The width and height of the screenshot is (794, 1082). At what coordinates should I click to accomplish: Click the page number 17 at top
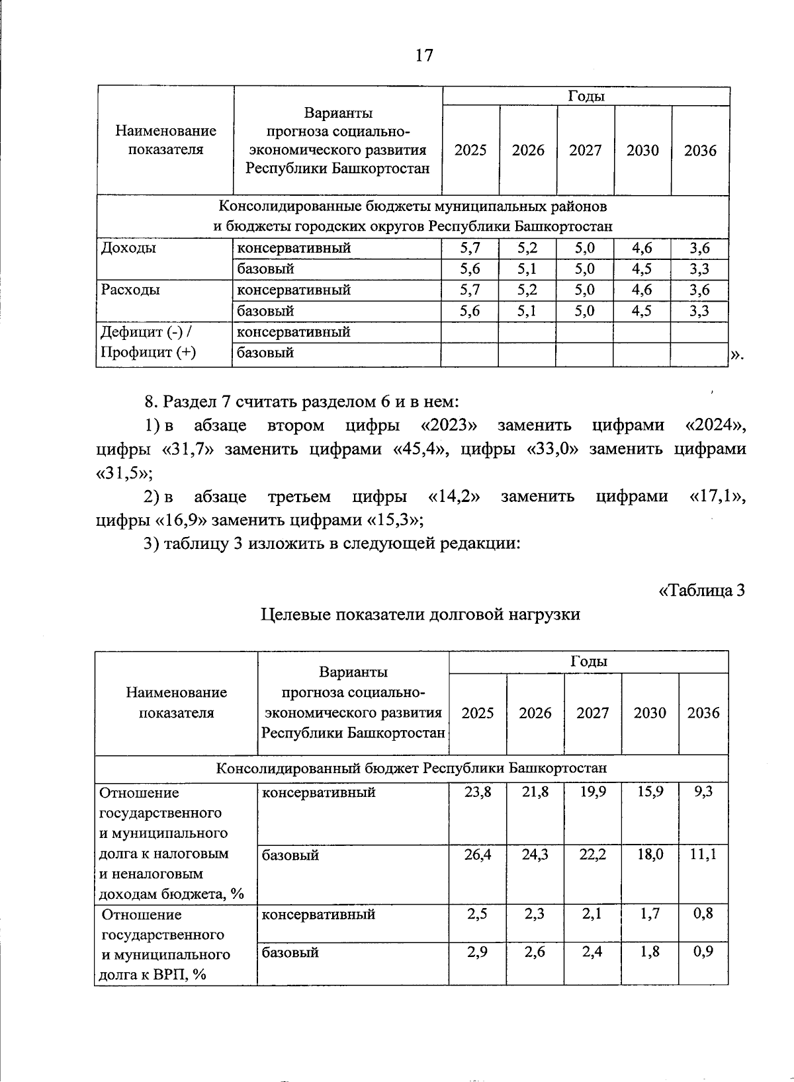pos(424,55)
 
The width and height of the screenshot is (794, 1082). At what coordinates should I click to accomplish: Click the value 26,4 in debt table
pos(478,854)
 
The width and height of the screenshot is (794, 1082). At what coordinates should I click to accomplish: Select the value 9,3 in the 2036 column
pos(703,792)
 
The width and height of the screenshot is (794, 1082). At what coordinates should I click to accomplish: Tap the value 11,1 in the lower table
pos(703,854)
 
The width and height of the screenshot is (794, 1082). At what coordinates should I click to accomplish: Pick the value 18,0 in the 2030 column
pos(650,854)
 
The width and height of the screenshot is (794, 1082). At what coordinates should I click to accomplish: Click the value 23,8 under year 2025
pos(478,792)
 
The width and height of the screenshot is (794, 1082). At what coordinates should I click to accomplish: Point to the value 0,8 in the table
pos(703,914)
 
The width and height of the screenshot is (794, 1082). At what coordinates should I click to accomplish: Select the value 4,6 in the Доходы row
pos(641,249)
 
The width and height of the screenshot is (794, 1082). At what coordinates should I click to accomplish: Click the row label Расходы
pos(130,290)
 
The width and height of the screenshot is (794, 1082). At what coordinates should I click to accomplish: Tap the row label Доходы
pos(128,248)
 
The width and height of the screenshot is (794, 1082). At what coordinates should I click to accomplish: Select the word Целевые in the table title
pos(295,614)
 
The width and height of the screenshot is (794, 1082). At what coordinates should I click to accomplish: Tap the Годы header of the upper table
pos(586,97)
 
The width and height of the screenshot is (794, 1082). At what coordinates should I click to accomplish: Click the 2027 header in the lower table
pos(592,713)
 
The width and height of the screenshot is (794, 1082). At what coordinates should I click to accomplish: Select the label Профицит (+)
pos(148,353)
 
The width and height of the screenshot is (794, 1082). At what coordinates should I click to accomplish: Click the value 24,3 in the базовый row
pos(535,854)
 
